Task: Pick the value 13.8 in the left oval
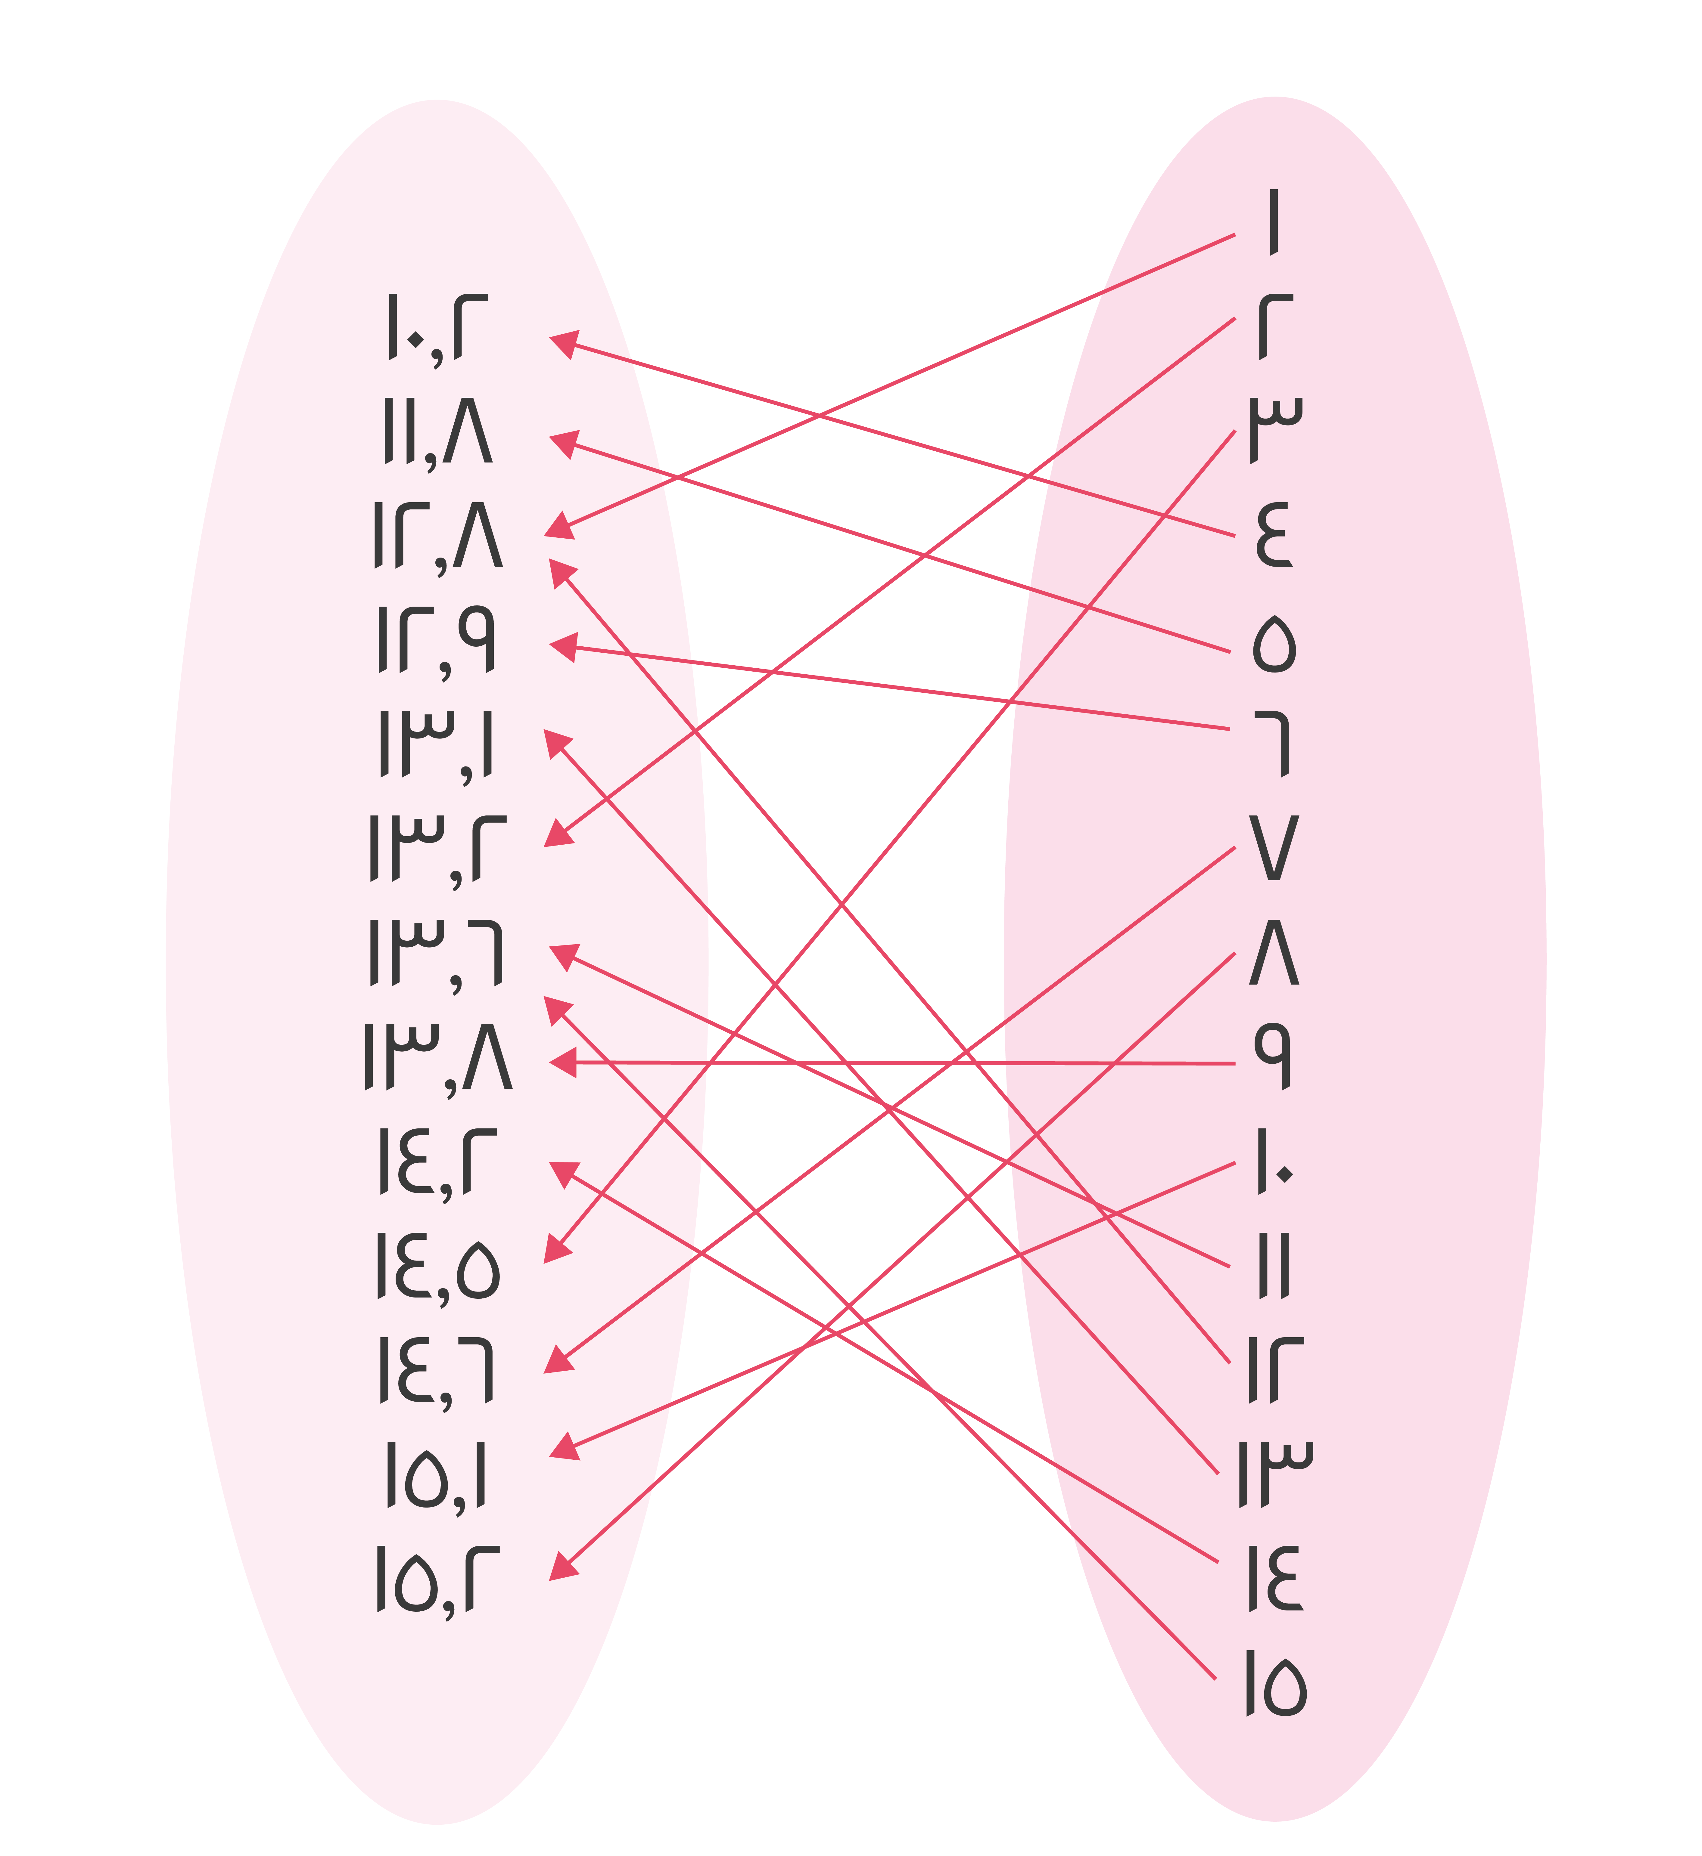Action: [437, 1059]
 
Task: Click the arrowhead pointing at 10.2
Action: [562, 343]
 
